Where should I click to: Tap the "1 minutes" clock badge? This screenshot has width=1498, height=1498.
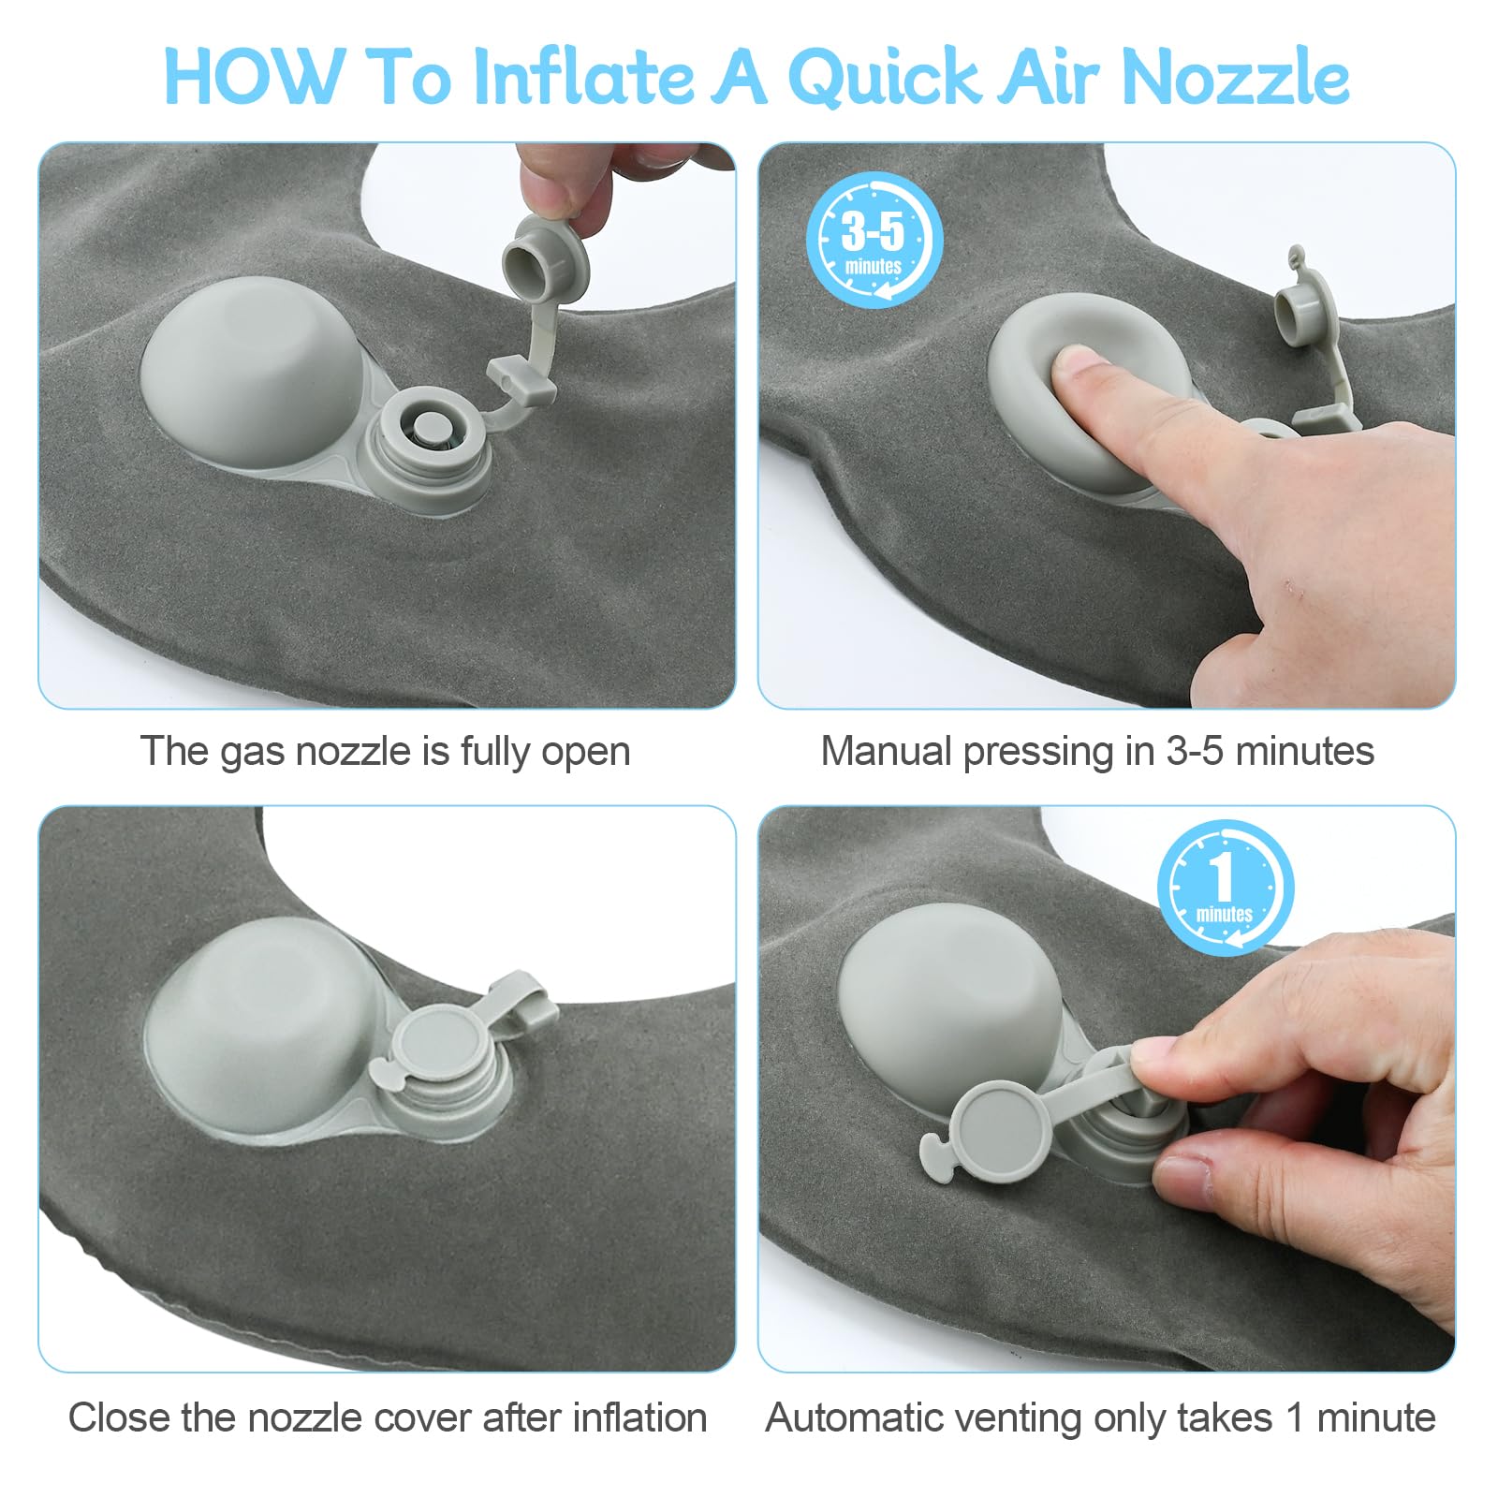(x=1225, y=888)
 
